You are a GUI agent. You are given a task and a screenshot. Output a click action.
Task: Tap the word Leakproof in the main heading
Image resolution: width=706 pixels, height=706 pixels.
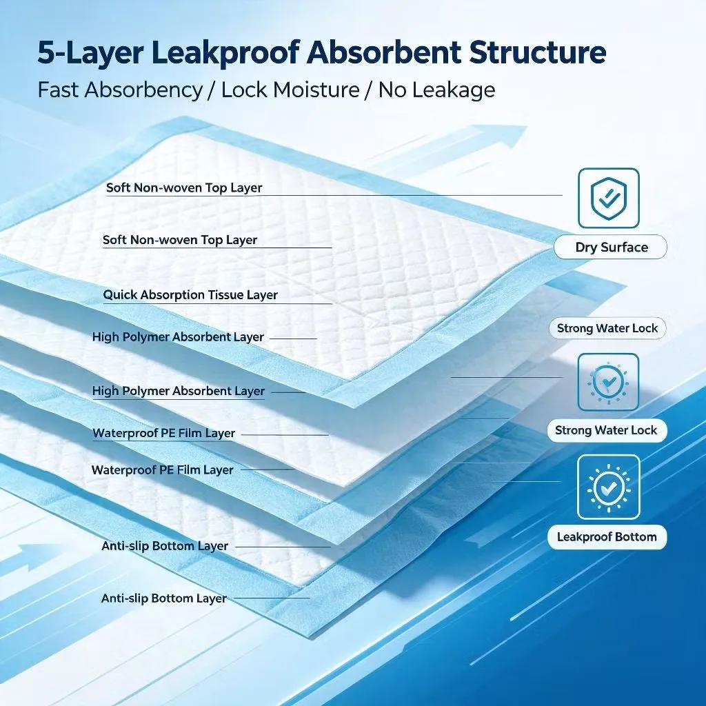(x=225, y=54)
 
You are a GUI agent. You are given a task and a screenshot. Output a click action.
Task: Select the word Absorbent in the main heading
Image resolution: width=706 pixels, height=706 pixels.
(x=384, y=52)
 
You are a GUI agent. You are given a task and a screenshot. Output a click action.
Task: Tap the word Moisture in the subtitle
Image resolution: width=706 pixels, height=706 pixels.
(x=316, y=90)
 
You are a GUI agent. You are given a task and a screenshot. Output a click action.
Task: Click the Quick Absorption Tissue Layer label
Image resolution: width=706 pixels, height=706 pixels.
(x=190, y=295)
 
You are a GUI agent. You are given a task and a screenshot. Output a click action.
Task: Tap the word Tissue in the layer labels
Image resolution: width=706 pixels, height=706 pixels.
(x=227, y=294)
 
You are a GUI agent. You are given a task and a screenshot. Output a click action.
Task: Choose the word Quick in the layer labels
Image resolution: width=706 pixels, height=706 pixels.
(x=117, y=295)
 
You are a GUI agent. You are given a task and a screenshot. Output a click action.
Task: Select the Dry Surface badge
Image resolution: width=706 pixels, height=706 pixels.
(x=611, y=247)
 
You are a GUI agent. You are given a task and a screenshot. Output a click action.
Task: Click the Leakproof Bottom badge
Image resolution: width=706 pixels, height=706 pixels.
(x=607, y=536)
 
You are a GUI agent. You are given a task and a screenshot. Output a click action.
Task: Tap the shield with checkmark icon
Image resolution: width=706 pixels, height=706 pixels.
(x=609, y=198)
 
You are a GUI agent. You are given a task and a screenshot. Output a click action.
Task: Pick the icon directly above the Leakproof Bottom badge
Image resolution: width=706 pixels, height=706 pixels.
(x=609, y=487)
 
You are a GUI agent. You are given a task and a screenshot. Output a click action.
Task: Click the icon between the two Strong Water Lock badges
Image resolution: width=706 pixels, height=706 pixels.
(x=608, y=382)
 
